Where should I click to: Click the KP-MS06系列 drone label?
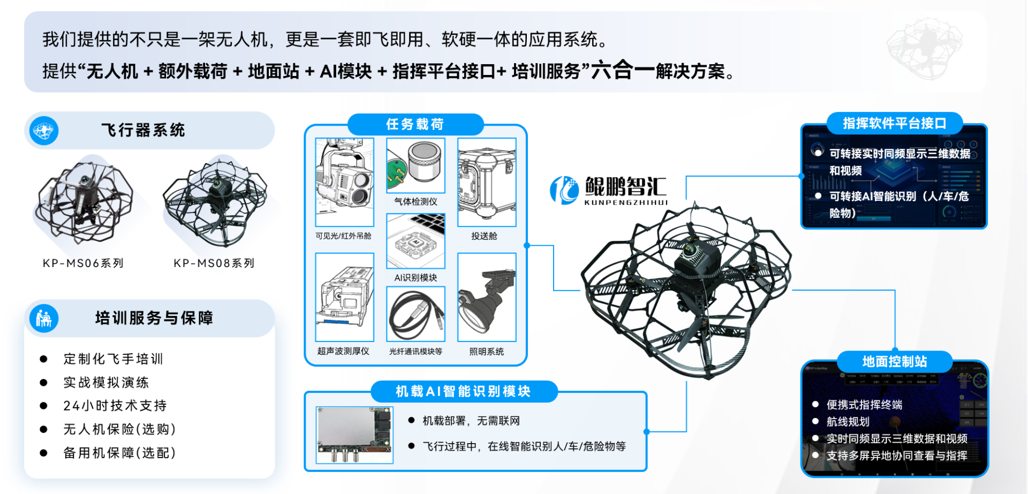pos(83,263)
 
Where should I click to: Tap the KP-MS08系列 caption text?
pos(214,263)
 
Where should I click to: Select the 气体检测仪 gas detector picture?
pos(416,165)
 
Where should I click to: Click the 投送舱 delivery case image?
pos(487,182)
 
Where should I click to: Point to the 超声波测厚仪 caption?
pos(343,351)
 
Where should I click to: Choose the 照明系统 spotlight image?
pos(487,297)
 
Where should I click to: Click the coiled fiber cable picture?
pos(416,314)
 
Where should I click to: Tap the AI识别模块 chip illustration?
pos(416,241)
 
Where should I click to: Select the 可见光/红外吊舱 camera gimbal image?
pos(345,182)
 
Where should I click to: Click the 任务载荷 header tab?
pos(415,124)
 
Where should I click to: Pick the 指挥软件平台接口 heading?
pos(895,124)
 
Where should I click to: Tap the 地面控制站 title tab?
pos(895,362)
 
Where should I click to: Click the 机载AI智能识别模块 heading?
pos(464,392)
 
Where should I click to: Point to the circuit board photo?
pos(354,435)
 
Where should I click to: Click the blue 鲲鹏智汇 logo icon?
pos(564,191)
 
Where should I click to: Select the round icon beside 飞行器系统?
pos(44,131)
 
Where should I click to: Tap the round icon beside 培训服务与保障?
pos(44,318)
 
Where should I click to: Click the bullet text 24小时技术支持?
pos(115,406)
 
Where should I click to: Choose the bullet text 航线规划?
pos(848,422)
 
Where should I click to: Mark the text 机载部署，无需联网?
pos(471,421)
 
